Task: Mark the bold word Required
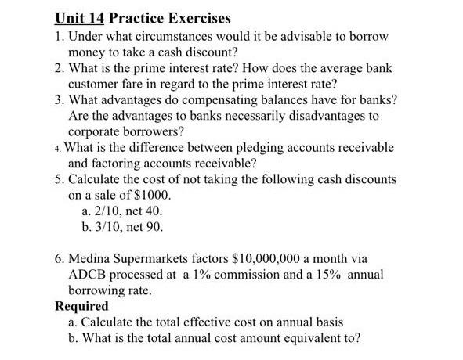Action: pos(81,306)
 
